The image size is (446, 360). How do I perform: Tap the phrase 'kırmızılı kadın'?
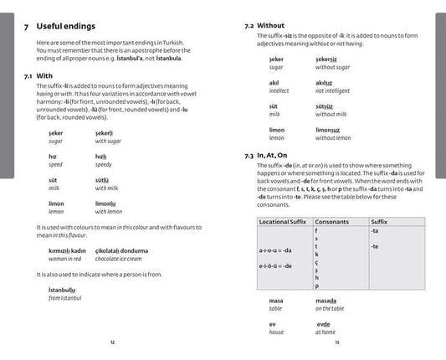tap(67, 250)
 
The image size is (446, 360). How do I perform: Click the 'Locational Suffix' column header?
tap(281, 221)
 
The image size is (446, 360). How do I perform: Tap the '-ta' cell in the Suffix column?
tap(374, 230)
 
